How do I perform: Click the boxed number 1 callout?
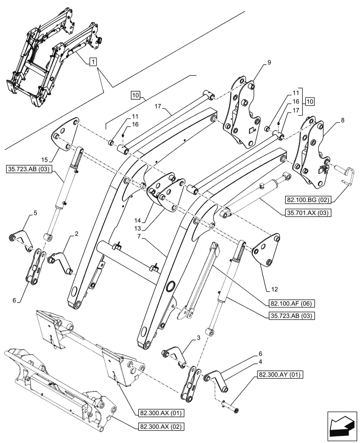[92, 62]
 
